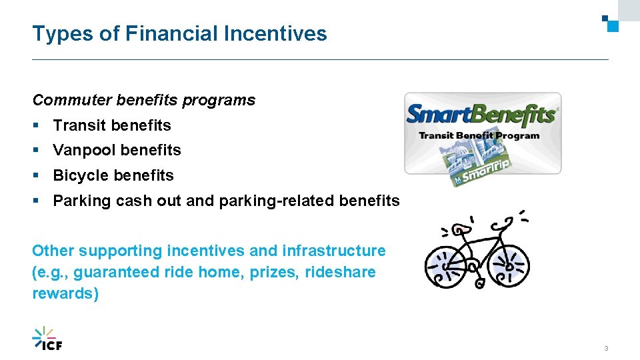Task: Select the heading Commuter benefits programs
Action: (144, 100)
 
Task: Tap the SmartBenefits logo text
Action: (481, 115)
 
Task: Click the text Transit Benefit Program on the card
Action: (479, 135)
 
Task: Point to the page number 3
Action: (606, 349)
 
